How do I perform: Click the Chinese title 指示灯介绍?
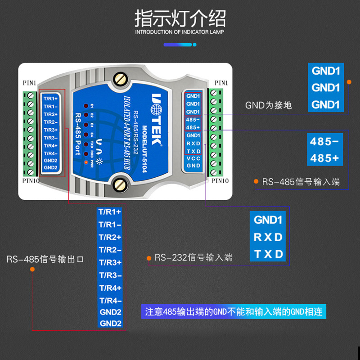click(180, 19)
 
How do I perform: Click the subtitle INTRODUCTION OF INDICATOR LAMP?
click(180, 32)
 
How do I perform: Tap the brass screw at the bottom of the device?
click(120, 184)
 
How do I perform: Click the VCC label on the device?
click(193, 158)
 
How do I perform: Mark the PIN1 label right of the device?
click(221, 83)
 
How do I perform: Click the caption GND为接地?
click(269, 105)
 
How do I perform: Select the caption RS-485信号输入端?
click(301, 182)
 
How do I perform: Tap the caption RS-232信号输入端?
click(193, 258)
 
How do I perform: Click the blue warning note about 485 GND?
click(234, 311)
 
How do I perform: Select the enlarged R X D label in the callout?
click(268, 237)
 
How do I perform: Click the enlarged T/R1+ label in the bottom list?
click(110, 212)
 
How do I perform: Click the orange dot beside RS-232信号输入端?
click(148, 258)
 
